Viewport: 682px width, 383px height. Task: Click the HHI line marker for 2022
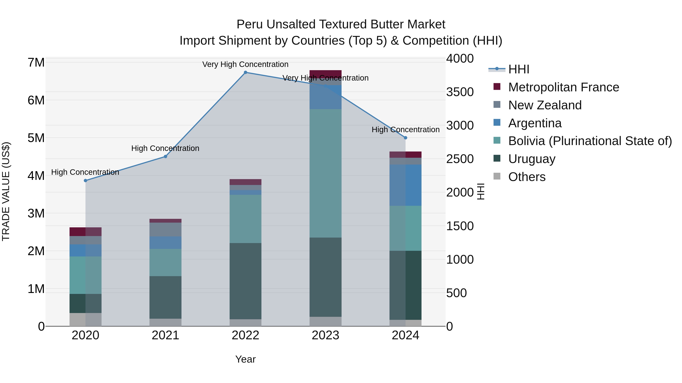click(245, 72)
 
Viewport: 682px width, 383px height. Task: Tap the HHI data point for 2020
click(85, 181)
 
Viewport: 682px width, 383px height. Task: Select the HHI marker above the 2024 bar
click(405, 138)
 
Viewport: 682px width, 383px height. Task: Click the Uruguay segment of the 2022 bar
click(245, 281)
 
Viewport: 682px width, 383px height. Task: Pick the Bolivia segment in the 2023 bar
click(325, 173)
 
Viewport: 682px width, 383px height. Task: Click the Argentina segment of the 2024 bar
click(405, 185)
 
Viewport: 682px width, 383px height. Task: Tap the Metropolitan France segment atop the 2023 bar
click(325, 74)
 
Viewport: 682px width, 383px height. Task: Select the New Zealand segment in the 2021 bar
click(165, 229)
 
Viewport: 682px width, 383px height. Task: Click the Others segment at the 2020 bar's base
click(85, 320)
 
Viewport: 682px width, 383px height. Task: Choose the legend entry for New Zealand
click(545, 105)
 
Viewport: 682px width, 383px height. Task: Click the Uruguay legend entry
click(532, 159)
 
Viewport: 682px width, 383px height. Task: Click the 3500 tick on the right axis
click(460, 92)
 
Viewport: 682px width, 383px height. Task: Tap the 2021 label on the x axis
click(165, 335)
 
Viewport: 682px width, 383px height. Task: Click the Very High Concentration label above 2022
click(245, 64)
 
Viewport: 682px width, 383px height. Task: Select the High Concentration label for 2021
click(165, 148)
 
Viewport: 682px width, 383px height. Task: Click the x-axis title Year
click(245, 359)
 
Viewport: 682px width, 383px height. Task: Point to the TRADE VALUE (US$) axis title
click(6, 191)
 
